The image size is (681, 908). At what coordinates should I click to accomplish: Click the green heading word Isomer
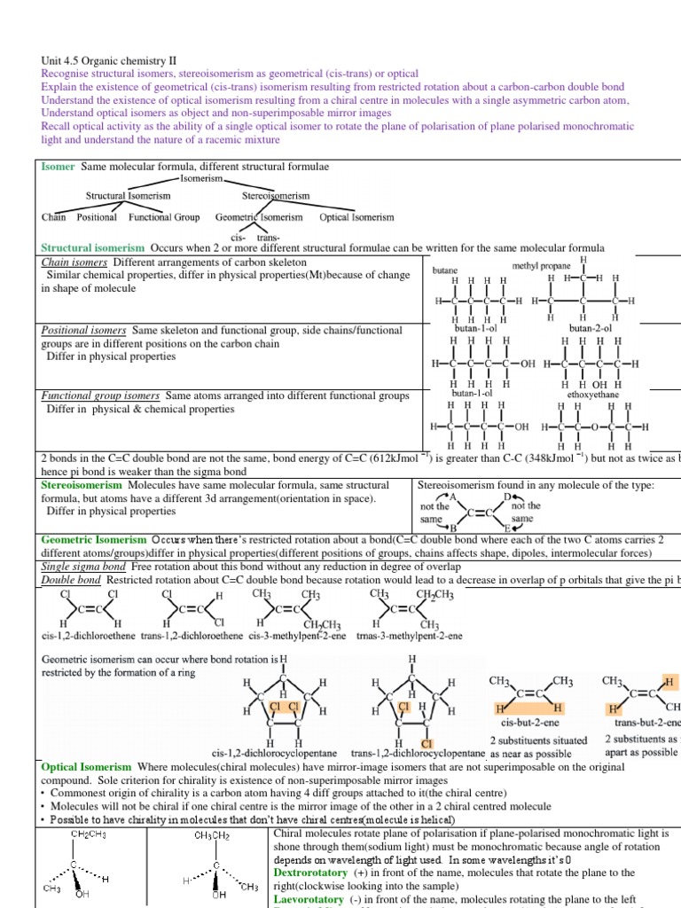point(59,167)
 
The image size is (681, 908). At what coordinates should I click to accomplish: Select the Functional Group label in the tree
point(164,217)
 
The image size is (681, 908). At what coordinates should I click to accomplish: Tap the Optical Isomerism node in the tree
point(356,217)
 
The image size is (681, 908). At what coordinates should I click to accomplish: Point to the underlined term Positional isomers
point(83,331)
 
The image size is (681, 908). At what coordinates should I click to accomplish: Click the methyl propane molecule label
point(541,266)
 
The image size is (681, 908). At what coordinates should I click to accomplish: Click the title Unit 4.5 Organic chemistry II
point(105,61)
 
